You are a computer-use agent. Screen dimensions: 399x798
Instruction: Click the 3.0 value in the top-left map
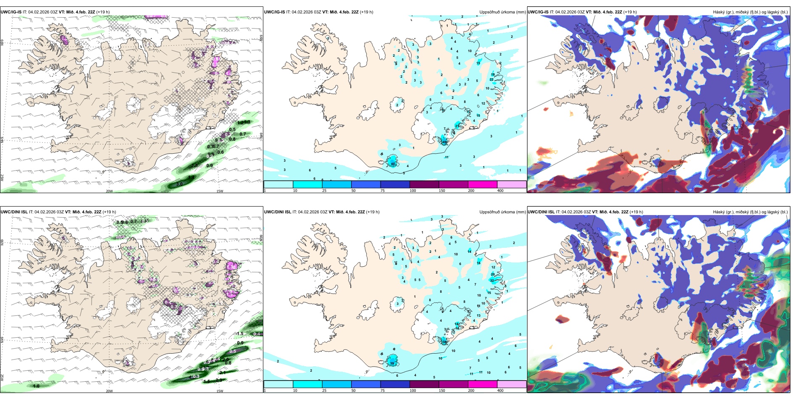click(179, 184)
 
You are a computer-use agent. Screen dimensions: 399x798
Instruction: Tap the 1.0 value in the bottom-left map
click(36, 386)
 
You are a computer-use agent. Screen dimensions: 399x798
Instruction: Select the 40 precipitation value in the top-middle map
click(393, 164)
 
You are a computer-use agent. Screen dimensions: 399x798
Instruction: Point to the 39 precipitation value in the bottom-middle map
click(392, 363)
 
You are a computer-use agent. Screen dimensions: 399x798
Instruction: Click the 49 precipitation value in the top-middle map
click(445, 142)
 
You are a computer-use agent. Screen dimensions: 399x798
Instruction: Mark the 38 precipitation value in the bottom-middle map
click(445, 342)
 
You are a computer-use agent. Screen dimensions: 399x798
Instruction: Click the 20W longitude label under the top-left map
click(109, 191)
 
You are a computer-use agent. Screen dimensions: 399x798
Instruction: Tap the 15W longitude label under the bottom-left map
click(219, 391)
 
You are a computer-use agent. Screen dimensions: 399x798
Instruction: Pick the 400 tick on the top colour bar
click(500, 191)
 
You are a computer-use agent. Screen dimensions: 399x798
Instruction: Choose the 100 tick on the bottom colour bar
click(413, 391)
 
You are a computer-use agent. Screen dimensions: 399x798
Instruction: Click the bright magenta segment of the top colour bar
click(482, 184)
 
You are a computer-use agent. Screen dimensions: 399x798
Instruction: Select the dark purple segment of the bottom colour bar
click(424, 384)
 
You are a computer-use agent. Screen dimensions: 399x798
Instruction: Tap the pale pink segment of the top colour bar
click(512, 184)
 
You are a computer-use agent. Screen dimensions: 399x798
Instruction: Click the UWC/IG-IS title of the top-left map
click(11, 12)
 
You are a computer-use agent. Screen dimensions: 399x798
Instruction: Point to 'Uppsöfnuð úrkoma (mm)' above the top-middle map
click(502, 12)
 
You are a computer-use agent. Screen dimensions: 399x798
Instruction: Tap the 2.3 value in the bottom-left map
click(219, 380)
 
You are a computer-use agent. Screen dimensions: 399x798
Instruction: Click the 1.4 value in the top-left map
click(191, 177)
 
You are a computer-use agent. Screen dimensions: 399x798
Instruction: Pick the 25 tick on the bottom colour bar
click(324, 391)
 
